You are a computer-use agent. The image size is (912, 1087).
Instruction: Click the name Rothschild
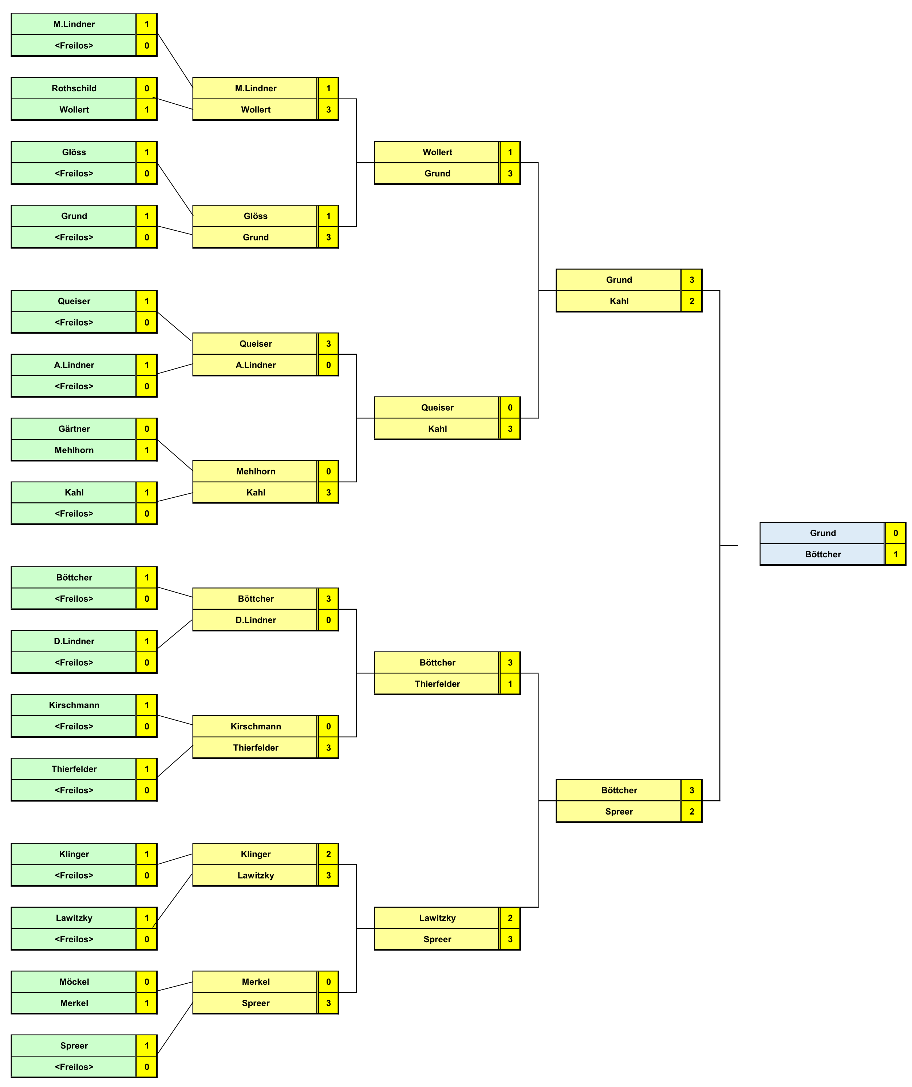pos(74,88)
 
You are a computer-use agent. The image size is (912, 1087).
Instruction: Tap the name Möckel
pos(74,982)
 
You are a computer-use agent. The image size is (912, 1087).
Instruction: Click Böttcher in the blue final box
pos(822,554)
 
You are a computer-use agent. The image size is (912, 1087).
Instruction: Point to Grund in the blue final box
pos(822,533)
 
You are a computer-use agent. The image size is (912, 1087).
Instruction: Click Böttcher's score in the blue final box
pos(895,554)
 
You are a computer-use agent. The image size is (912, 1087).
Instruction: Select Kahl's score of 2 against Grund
pos(691,301)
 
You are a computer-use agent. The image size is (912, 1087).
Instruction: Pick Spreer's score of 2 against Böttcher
pos(691,812)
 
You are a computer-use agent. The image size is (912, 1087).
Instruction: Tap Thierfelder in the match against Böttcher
pos(437,684)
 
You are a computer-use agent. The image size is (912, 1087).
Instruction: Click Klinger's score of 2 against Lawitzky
pos(328,854)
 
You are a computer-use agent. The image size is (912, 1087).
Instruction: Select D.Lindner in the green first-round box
pos(74,641)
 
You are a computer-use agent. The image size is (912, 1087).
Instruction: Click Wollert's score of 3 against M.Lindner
pos(328,110)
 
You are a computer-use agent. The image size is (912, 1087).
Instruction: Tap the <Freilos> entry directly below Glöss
pos(74,174)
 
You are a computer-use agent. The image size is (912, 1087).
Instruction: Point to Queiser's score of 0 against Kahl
pos(510,407)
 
